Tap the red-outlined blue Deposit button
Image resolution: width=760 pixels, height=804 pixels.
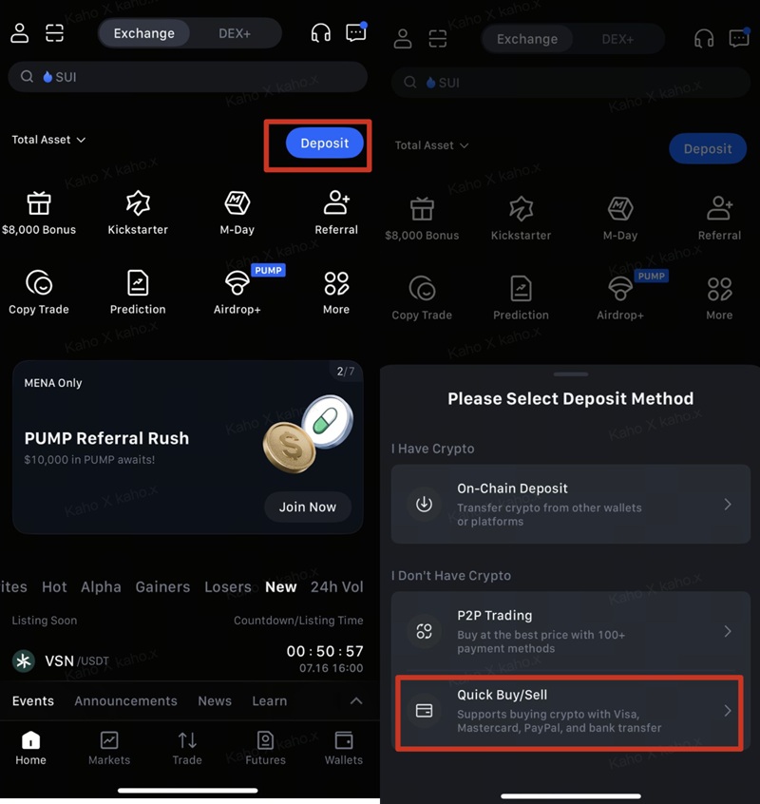coord(324,144)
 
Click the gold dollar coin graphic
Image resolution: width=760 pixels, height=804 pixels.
coord(290,447)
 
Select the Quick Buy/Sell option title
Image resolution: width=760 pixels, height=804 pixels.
coord(503,695)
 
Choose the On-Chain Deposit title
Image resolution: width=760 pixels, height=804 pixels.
coord(512,488)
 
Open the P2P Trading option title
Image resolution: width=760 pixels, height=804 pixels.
coord(495,615)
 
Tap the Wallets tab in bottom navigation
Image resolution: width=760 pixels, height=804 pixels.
coord(343,748)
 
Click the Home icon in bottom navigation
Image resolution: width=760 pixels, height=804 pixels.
coord(30,740)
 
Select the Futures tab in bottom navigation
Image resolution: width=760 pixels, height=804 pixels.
coord(265,748)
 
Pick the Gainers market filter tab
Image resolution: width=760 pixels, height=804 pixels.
coord(162,586)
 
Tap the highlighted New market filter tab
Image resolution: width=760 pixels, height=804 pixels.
coord(281,586)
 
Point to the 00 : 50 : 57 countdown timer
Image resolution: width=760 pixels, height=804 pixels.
coord(325,651)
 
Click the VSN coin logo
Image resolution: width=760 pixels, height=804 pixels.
coord(24,660)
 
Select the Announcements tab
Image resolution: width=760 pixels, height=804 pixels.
coord(125,701)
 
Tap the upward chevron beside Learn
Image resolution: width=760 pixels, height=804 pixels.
coord(355,701)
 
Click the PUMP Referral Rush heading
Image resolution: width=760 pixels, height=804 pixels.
coord(106,438)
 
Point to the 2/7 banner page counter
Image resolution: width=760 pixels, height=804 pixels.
coord(346,372)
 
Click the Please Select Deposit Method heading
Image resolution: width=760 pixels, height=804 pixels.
coord(570,398)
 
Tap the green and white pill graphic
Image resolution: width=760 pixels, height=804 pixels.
coord(327,422)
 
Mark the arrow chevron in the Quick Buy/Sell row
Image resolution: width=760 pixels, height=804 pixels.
coord(728,711)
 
